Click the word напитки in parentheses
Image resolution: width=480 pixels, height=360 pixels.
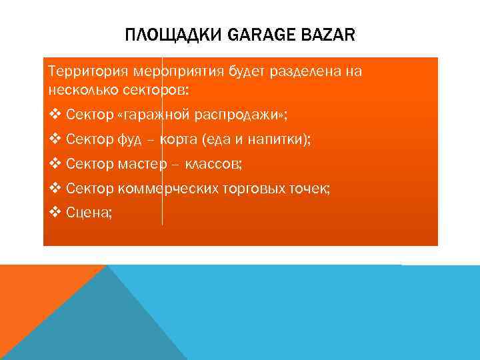[273, 140]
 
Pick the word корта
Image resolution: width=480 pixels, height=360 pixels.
[180, 140]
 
